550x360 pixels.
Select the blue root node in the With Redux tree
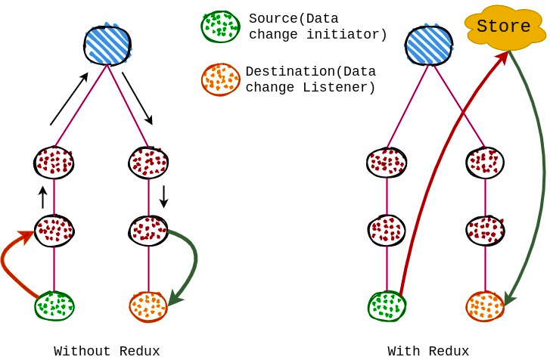[x=429, y=45]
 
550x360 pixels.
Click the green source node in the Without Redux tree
[x=54, y=306]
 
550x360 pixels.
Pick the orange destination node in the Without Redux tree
[x=148, y=306]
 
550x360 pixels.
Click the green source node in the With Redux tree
[x=387, y=306]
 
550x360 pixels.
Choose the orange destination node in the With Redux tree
[x=485, y=306]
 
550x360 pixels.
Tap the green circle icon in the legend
[x=220, y=26]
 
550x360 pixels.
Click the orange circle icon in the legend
[x=220, y=79]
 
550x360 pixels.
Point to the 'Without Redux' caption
[x=107, y=351]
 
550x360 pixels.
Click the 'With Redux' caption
[x=428, y=351]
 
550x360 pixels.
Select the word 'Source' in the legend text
[x=271, y=19]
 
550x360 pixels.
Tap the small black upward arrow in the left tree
[x=42, y=197]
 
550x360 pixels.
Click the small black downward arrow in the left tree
[x=163, y=197]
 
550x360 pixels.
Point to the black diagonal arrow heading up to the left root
[x=69, y=99]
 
